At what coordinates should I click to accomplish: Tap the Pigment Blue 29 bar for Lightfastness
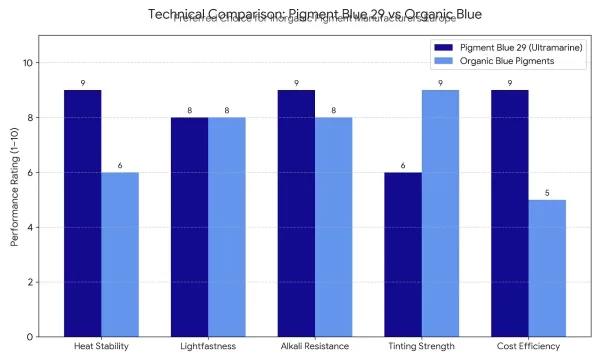click(x=189, y=227)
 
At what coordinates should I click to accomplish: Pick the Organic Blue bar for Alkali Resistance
click(x=334, y=227)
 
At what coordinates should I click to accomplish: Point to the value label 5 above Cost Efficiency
click(x=548, y=192)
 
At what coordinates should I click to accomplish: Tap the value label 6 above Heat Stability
click(x=120, y=165)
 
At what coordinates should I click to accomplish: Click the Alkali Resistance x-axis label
click(x=315, y=348)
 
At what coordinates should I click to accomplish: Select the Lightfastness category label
click(x=208, y=348)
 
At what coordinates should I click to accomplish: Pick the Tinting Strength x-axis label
click(x=422, y=348)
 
